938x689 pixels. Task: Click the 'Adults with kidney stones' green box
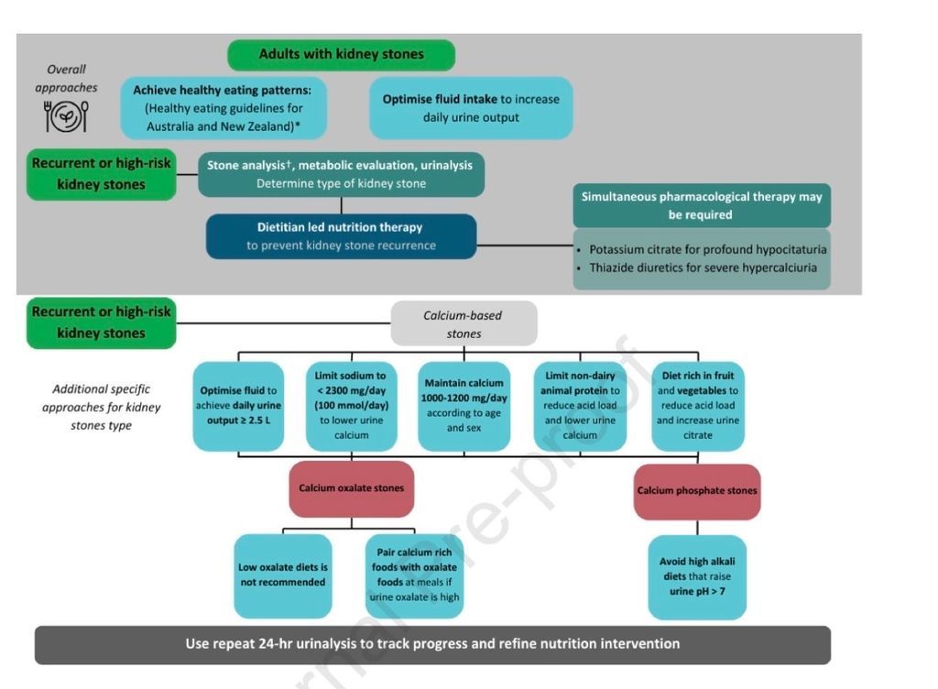pyautogui.click(x=341, y=54)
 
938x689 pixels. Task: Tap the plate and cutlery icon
pyautogui.click(x=66, y=117)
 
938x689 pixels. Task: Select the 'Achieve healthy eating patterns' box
pyautogui.click(x=224, y=107)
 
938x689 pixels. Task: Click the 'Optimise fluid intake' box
pyautogui.click(x=471, y=108)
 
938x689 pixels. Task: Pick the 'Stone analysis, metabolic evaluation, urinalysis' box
pyautogui.click(x=341, y=174)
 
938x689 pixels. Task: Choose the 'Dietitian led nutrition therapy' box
pyautogui.click(x=341, y=235)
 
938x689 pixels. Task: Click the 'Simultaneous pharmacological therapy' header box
pyautogui.click(x=702, y=206)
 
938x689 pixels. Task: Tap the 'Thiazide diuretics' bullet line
pyautogui.click(x=702, y=268)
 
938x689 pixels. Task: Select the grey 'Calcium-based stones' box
pyautogui.click(x=464, y=323)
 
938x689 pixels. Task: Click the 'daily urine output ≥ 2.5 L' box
pyautogui.click(x=238, y=406)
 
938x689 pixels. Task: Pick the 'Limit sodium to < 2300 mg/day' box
pyautogui.click(x=351, y=406)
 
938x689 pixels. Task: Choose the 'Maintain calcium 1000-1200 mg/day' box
pyautogui.click(x=464, y=406)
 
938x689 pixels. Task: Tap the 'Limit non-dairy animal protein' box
pyautogui.click(x=580, y=406)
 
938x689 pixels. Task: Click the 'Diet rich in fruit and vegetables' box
pyautogui.click(x=697, y=406)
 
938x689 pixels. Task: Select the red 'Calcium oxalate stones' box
pyautogui.click(x=351, y=487)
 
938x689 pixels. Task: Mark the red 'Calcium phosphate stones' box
pyautogui.click(x=697, y=491)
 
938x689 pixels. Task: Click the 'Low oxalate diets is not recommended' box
pyautogui.click(x=282, y=575)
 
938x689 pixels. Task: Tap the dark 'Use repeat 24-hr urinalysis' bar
pyautogui.click(x=432, y=644)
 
